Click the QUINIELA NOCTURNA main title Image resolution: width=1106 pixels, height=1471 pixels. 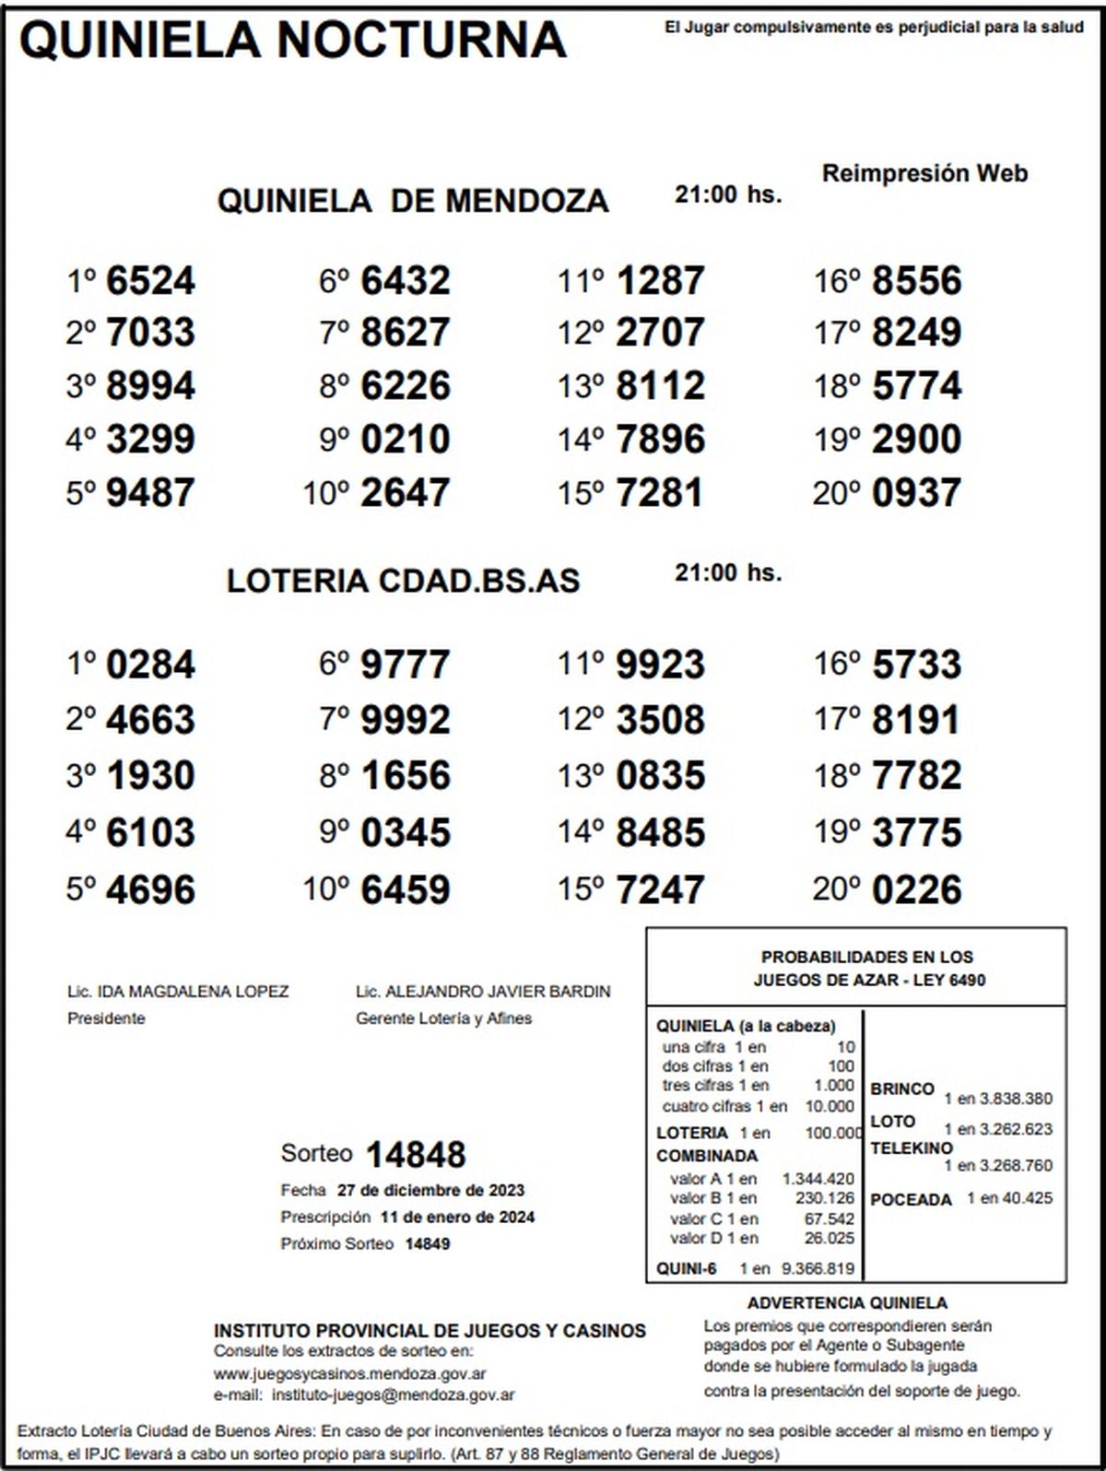293,41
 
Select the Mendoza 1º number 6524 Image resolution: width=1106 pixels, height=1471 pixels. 150,281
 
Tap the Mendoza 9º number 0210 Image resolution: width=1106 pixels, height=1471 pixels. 406,440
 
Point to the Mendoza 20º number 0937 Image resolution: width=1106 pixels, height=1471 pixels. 916,493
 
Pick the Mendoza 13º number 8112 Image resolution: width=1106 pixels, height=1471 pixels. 660,386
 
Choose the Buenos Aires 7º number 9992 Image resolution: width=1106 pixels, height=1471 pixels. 406,721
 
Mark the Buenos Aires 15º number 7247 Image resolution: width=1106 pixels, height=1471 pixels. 660,890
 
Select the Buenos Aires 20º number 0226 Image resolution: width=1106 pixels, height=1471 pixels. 916,890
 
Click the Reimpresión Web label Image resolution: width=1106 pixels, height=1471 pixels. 924,173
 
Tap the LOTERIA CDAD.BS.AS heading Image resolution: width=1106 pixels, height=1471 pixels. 403,581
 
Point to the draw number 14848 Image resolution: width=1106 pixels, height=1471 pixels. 416,1155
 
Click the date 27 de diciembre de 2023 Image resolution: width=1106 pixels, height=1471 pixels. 430,1190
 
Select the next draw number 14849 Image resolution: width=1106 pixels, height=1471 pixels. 428,1243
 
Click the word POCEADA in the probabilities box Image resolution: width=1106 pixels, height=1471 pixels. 911,1200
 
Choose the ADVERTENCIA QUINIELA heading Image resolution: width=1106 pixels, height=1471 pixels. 847,1303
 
